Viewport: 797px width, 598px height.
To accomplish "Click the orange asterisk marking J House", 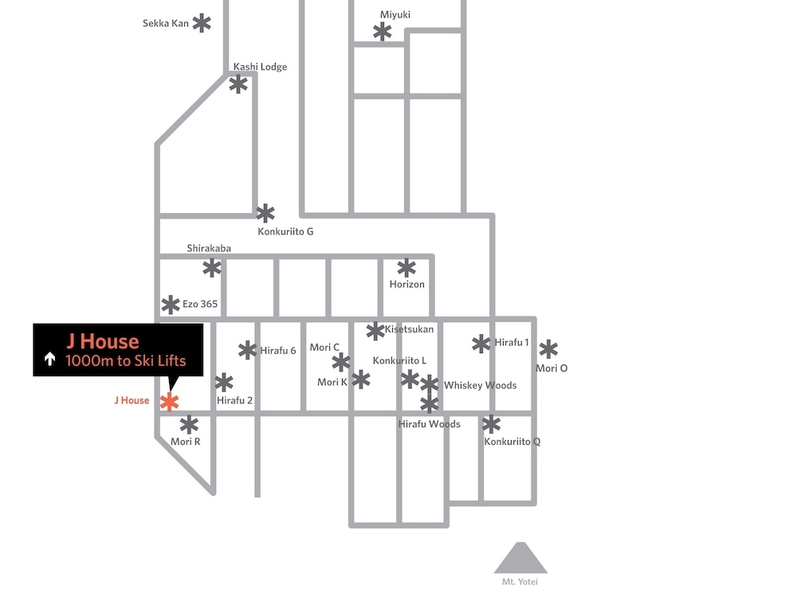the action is coord(169,402).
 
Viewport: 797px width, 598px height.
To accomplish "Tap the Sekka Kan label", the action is coord(166,23).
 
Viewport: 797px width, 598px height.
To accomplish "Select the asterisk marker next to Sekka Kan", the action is coord(202,23).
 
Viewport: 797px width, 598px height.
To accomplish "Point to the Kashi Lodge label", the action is coord(261,67).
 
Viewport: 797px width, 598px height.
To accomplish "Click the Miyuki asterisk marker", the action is coord(383,32).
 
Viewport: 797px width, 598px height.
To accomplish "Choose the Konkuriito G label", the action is coord(285,231).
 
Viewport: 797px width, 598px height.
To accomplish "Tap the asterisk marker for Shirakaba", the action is coord(212,268).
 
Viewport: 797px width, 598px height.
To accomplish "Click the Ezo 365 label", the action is coord(200,304).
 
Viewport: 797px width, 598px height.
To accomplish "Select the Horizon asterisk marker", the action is coord(406,268).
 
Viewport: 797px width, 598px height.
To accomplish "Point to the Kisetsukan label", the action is coord(409,329).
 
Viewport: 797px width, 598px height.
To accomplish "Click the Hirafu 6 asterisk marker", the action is coord(248,350).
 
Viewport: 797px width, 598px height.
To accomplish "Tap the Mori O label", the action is coord(552,368).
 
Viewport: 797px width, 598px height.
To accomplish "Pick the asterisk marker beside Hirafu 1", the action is coord(481,344).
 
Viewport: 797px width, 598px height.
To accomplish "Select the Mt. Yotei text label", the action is coord(520,582).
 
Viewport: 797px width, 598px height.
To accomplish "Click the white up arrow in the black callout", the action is coord(49,359).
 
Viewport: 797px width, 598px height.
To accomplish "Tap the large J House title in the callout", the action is coord(102,341).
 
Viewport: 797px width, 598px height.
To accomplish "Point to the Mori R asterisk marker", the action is coord(189,425).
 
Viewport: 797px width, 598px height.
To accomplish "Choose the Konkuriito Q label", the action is coord(512,442).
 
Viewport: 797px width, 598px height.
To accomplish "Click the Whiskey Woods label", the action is coord(481,385).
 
